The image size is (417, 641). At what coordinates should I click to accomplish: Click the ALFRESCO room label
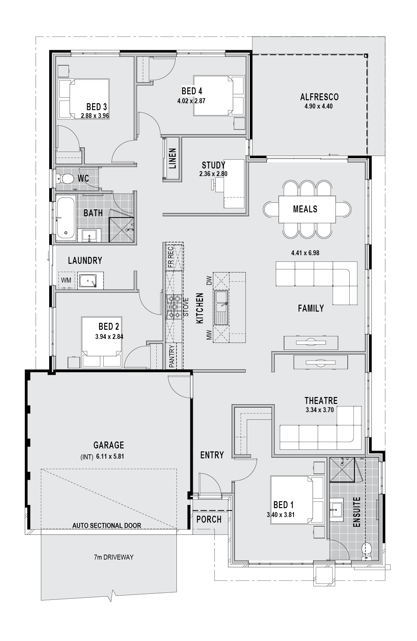click(319, 97)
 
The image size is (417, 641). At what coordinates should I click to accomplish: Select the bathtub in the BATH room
click(66, 218)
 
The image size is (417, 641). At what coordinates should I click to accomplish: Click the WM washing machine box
click(66, 280)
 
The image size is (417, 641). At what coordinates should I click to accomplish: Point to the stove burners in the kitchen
click(174, 307)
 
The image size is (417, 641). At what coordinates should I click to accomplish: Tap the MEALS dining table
click(307, 209)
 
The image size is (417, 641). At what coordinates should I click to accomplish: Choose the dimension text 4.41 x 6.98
click(305, 253)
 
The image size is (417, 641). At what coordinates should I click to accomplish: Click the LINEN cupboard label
click(172, 158)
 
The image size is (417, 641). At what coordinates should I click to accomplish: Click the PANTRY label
click(172, 356)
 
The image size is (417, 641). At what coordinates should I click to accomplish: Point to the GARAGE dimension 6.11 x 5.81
click(110, 457)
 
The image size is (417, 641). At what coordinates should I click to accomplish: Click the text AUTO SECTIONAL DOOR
click(107, 526)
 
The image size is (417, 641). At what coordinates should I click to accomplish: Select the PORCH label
click(209, 519)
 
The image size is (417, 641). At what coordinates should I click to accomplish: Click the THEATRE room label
click(321, 401)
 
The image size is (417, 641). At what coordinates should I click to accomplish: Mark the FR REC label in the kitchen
click(170, 257)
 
